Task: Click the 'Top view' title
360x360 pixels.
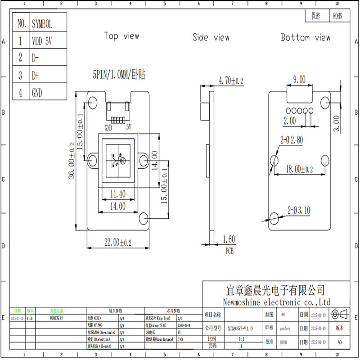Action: (x=121, y=36)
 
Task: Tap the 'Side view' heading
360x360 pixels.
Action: (x=211, y=37)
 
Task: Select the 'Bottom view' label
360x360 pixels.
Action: (x=306, y=37)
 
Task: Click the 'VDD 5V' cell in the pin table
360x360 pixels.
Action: (x=42, y=41)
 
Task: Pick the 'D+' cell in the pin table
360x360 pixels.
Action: (x=36, y=75)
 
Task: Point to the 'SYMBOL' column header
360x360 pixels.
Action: (x=42, y=24)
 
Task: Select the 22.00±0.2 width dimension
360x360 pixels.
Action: (x=117, y=243)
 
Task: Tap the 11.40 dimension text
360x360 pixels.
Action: (x=117, y=194)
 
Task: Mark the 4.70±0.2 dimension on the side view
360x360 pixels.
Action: (x=230, y=81)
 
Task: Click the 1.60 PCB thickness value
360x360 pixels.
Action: (x=229, y=239)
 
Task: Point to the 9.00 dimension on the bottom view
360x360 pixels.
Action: (x=299, y=79)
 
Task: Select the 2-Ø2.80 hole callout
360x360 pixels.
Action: (x=292, y=140)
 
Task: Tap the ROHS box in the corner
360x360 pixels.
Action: (x=337, y=16)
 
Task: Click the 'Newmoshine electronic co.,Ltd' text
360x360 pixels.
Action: (x=276, y=302)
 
